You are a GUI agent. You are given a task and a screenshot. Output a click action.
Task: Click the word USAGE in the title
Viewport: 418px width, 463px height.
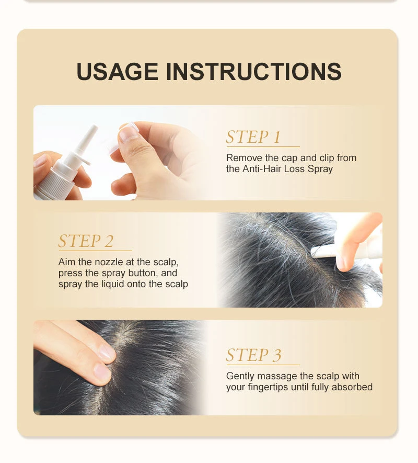click(117, 72)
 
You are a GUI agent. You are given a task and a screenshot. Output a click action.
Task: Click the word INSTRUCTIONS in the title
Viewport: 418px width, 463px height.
click(254, 72)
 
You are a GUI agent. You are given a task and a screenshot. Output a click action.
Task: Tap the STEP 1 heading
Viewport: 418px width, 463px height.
click(253, 137)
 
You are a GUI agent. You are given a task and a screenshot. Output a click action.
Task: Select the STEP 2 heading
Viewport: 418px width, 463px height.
click(86, 241)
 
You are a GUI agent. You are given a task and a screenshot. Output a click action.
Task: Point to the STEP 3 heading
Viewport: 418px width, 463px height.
click(254, 355)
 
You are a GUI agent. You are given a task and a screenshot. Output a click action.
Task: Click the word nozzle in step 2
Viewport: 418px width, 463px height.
click(109, 262)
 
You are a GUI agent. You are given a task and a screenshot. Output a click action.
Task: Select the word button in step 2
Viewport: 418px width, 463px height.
click(143, 273)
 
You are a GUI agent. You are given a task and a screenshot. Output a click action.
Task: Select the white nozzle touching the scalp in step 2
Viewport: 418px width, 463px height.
click(324, 252)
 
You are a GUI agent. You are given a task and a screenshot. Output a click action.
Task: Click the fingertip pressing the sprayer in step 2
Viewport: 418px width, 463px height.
click(344, 262)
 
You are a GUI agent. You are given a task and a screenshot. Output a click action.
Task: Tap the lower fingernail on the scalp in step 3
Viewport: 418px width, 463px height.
click(102, 371)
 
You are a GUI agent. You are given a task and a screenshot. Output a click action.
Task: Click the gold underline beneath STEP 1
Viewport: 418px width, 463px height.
click(263, 146)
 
